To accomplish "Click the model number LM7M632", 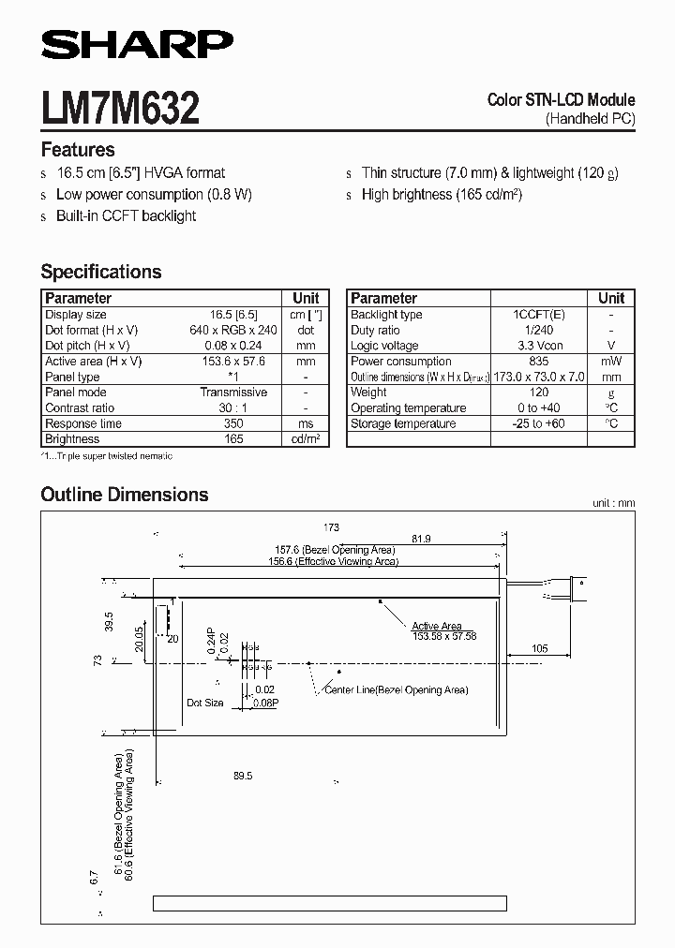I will tap(120, 109).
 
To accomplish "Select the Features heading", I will tap(78, 150).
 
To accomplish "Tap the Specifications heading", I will tap(101, 272).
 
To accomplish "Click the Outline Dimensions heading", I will tap(125, 495).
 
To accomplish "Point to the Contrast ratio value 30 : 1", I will tap(233, 408).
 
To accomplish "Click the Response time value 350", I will tap(233, 423).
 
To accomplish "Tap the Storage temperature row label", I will tap(403, 423).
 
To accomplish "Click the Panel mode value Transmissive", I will tap(233, 393).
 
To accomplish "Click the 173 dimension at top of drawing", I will tap(330, 527).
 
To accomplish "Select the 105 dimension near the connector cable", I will tap(539, 648).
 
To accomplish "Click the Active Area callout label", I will tap(437, 626).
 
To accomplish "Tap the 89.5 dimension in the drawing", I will tap(243, 776).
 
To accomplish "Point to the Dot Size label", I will tap(205, 703).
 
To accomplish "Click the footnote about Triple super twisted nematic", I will tap(107, 455).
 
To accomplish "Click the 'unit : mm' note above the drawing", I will tap(613, 503).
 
